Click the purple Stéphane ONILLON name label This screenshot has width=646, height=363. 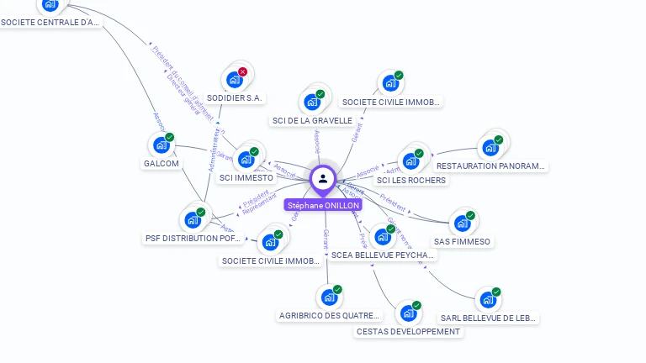[x=323, y=205]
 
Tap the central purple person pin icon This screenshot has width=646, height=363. [x=323, y=178]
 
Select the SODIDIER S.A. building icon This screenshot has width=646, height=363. [x=233, y=81]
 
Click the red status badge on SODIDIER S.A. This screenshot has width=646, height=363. [x=243, y=72]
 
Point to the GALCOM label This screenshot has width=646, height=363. [x=161, y=164]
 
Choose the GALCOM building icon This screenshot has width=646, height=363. [x=161, y=145]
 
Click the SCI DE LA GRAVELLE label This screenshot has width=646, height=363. [x=312, y=121]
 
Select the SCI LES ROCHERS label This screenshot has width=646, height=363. [x=411, y=181]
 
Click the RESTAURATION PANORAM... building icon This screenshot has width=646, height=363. [x=490, y=148]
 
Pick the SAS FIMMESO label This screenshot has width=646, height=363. [x=462, y=242]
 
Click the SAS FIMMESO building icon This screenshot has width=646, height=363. [x=462, y=223]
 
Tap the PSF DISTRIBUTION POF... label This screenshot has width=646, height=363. [x=194, y=239]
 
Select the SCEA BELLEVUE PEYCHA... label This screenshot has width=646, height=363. [x=383, y=255]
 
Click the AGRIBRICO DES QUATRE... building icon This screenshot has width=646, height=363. [x=328, y=297]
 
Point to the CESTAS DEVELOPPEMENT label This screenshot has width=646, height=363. [x=409, y=332]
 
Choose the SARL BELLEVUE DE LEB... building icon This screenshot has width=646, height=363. [x=487, y=299]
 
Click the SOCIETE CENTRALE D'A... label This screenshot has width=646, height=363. [x=50, y=23]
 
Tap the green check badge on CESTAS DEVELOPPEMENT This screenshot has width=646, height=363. [x=417, y=305]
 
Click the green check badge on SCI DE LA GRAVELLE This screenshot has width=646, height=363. [x=320, y=94]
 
